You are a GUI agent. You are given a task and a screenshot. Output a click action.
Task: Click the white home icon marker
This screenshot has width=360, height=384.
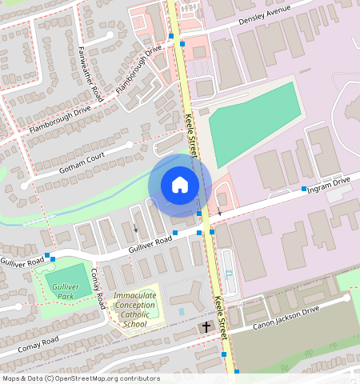pos(180,185)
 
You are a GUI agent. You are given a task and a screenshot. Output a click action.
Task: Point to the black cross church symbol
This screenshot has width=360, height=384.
pos(206,326)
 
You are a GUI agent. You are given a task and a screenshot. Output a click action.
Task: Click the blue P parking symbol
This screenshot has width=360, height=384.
pos(230,274)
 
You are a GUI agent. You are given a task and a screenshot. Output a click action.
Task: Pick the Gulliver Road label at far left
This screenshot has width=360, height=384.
pos(22,262)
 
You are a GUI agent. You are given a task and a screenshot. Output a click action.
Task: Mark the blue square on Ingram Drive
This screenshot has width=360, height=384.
pos(304,190)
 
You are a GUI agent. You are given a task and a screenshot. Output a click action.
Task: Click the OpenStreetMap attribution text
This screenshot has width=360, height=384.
pos(80,378)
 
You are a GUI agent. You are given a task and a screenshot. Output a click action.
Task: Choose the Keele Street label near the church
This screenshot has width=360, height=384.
pos(221,314)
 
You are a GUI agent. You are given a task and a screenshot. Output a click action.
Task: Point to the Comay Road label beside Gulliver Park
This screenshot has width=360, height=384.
pos(98,288)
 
